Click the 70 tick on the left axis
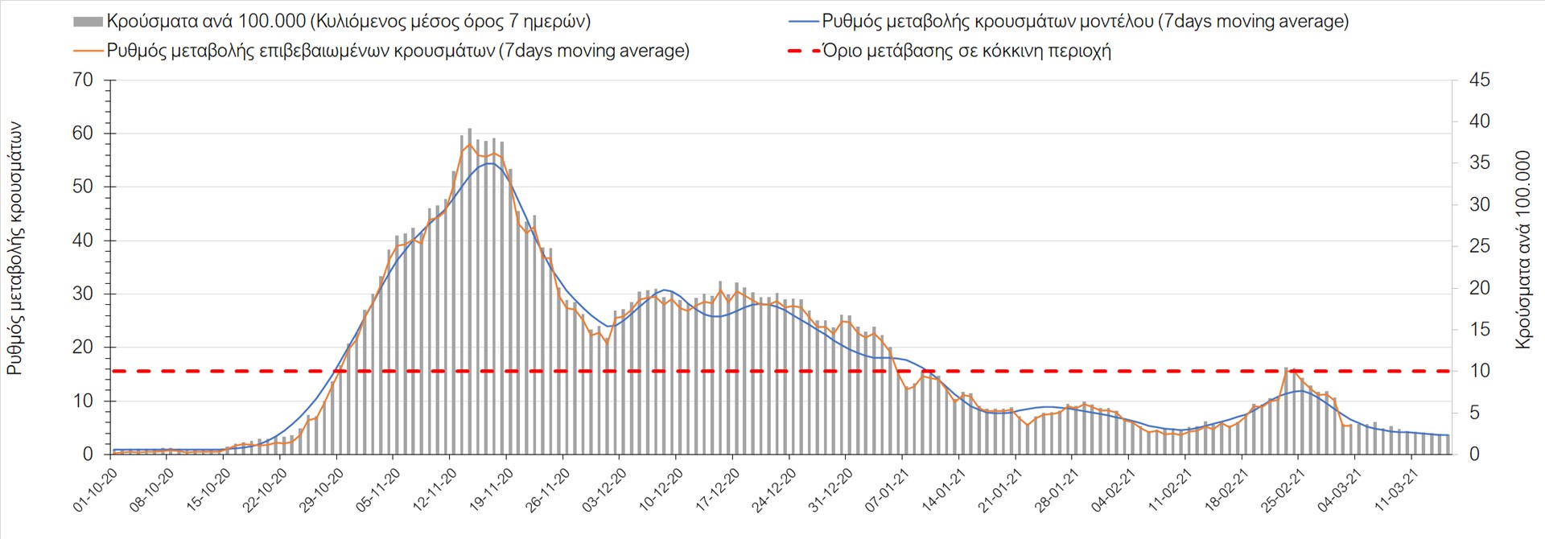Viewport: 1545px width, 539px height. coord(83,80)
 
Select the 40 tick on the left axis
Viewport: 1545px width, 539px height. coord(83,240)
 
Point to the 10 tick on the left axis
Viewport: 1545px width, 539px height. coord(83,401)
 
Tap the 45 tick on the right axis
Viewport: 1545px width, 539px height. coord(1479,80)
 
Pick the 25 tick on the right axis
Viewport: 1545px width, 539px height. coord(1479,246)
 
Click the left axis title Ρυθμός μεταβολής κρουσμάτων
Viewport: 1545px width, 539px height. coord(15,249)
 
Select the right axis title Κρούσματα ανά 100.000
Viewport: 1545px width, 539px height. coord(1522,249)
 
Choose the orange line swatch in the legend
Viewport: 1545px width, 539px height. coord(88,51)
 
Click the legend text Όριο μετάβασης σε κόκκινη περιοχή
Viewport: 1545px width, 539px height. coord(966,51)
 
